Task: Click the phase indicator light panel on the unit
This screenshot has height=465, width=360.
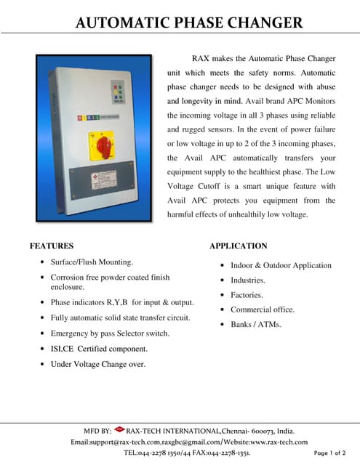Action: pyautogui.click(x=119, y=92)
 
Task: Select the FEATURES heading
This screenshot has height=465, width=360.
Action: pyautogui.click(x=52, y=246)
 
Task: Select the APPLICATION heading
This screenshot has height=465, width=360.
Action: pyautogui.click(x=238, y=246)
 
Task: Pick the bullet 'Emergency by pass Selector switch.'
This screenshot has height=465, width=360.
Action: pyautogui.click(x=110, y=333)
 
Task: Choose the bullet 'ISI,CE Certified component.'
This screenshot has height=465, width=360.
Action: pyautogui.click(x=99, y=349)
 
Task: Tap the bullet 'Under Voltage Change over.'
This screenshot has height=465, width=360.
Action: pyautogui.click(x=97, y=364)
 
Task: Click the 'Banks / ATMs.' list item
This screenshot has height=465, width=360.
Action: pyautogui.click(x=256, y=324)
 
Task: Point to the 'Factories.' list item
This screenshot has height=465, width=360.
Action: pyautogui.click(x=247, y=295)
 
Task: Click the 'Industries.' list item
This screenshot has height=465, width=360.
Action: pyautogui.click(x=248, y=280)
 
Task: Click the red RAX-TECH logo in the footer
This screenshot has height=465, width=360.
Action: pyautogui.click(x=119, y=429)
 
